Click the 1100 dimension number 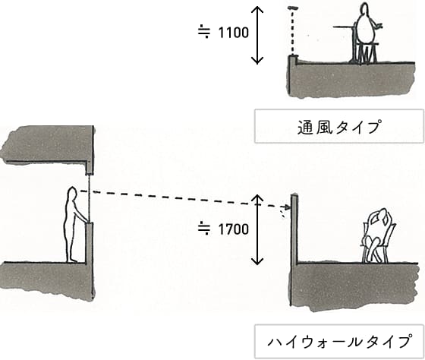[x=234, y=33]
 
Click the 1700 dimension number [x=234, y=229]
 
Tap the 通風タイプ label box [x=338, y=126]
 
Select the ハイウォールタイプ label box [x=338, y=341]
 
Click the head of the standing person [x=72, y=193]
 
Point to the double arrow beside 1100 [x=257, y=35]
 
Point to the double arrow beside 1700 [x=257, y=229]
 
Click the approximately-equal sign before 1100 [x=204, y=32]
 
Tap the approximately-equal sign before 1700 [x=204, y=228]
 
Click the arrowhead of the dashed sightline [x=287, y=208]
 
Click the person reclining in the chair [x=377, y=235]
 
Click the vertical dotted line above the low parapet [x=292, y=32]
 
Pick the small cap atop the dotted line [x=293, y=8]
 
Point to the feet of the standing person [x=72, y=261]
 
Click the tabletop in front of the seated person [x=345, y=27]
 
